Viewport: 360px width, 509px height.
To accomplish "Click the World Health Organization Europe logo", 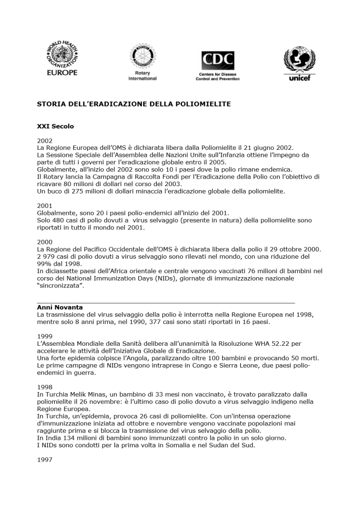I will [x=62, y=59].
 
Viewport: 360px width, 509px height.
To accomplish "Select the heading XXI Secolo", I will [x=55, y=126].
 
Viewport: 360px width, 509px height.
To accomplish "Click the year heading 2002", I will [x=45, y=141].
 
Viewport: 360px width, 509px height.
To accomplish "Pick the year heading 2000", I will [x=45, y=242].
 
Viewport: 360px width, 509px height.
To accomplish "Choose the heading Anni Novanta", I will [x=60, y=307].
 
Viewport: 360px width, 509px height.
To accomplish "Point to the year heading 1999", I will [x=45, y=336].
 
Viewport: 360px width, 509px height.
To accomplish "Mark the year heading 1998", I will [x=45, y=387].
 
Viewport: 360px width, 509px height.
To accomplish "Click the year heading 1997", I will [x=45, y=460].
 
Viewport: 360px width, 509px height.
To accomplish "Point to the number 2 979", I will [x=47, y=256].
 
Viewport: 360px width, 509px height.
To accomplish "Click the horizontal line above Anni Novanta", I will [x=166, y=302].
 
